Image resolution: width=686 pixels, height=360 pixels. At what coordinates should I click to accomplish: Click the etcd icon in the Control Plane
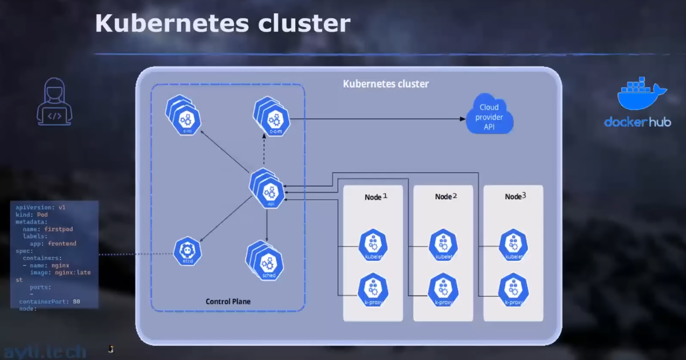187,251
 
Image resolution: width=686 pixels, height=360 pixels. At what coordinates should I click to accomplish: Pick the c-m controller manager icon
185,117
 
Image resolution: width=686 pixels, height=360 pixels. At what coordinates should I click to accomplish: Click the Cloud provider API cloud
489,114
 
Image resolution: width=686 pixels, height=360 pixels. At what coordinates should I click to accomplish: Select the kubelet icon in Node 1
373,245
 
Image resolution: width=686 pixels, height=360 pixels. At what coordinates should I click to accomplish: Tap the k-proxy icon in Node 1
373,290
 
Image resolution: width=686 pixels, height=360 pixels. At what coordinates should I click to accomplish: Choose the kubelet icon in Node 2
443,245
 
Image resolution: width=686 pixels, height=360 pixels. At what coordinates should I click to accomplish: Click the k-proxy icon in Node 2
443,290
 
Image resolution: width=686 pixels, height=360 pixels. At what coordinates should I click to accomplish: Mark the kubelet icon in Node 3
513,245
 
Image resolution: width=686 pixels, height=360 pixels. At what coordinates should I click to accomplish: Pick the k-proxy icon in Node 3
513,290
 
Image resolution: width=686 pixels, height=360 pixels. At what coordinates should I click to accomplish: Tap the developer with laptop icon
55,103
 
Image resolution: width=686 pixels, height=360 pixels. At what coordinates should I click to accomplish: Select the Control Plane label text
228,302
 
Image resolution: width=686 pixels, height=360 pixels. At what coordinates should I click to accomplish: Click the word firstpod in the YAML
58,229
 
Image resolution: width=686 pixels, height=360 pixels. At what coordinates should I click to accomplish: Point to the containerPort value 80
76,302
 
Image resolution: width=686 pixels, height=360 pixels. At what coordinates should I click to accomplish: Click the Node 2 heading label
446,196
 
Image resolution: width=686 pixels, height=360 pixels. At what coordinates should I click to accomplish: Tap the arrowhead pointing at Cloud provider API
462,118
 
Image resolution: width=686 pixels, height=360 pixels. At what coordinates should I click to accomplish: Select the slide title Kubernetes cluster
222,23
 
